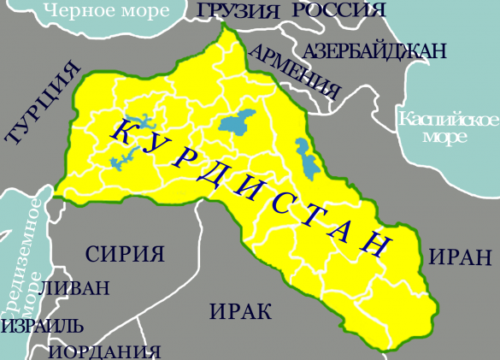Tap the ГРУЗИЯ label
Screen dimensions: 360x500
238,11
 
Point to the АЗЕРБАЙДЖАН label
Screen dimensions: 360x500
374,51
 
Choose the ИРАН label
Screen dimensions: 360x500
459,256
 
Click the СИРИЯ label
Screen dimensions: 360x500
124,253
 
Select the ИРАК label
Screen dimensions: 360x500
238,310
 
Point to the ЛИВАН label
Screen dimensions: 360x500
76,288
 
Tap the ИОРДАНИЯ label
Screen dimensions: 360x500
104,351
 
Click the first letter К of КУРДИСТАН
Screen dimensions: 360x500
120,131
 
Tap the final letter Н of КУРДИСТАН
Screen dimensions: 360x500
374,243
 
